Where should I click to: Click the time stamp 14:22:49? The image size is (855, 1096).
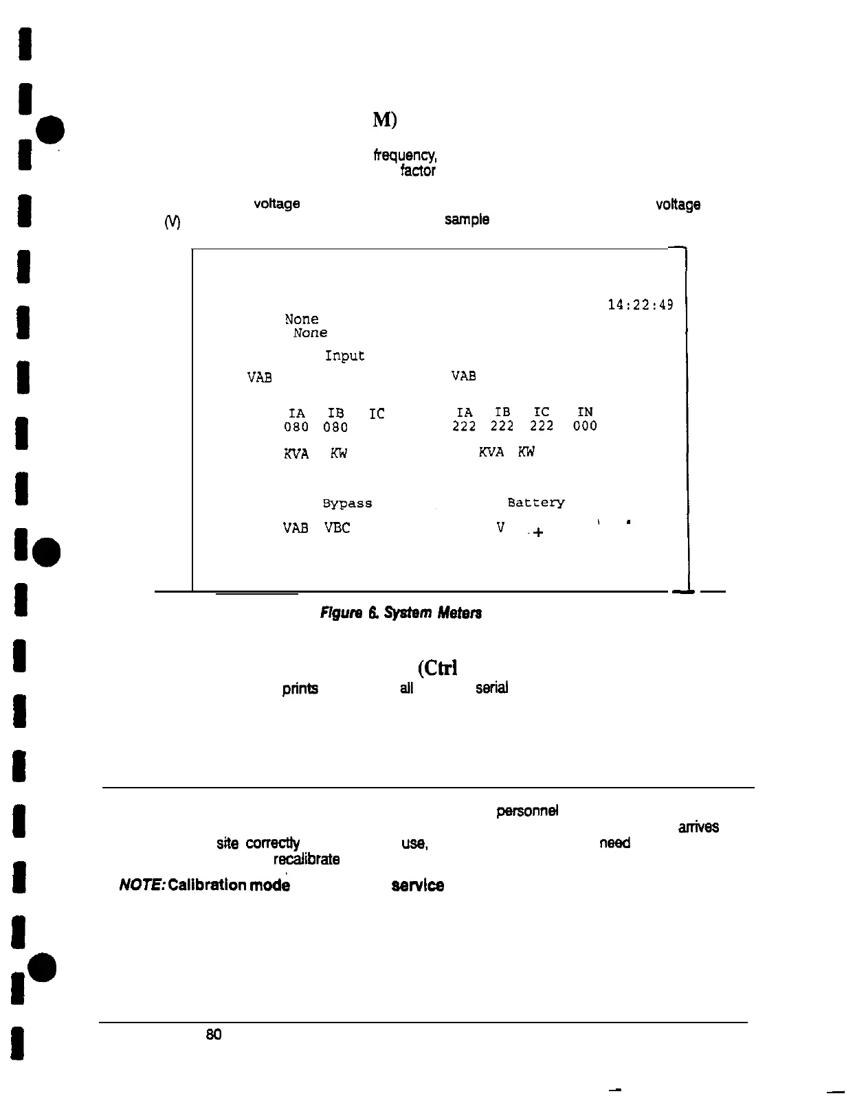point(640,305)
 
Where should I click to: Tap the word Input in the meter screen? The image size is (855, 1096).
point(344,356)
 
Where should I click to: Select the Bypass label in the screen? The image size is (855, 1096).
point(347,503)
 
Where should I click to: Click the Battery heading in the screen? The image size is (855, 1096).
point(536,503)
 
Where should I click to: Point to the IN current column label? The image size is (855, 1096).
point(585,412)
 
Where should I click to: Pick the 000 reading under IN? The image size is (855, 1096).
point(585,426)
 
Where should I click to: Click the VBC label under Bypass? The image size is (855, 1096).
point(337,528)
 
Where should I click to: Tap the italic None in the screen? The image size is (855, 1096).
point(310,333)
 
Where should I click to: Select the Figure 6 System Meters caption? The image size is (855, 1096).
point(401,613)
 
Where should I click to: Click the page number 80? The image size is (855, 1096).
point(214,1034)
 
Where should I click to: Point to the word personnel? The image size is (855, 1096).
point(527,811)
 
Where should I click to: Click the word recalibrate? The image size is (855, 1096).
point(307,859)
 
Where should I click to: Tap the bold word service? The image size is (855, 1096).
point(417,886)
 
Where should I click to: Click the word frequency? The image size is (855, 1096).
point(405,156)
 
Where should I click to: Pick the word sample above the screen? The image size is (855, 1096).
point(467,220)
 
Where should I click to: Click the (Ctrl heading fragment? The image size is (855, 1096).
point(437,668)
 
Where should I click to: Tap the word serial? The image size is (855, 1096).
point(491,688)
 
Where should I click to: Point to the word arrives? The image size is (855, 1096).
point(698,827)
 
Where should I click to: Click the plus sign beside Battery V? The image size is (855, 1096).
point(537,532)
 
